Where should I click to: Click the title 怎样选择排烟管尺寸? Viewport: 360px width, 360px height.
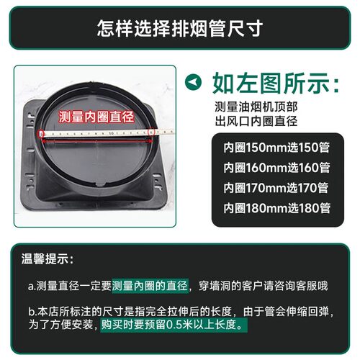180,30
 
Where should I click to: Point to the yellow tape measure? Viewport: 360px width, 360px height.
108,134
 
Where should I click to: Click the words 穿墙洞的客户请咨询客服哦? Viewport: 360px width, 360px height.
264,286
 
